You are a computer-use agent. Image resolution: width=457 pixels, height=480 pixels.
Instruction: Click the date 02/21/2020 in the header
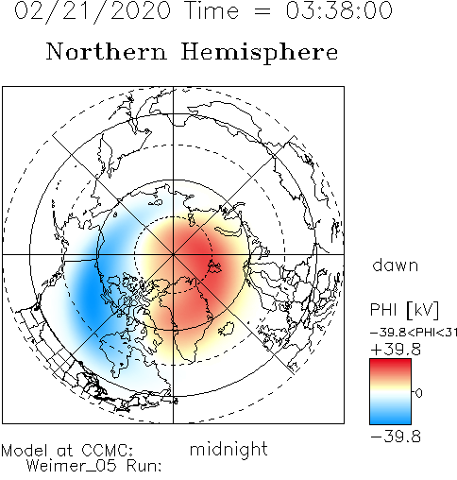(93, 11)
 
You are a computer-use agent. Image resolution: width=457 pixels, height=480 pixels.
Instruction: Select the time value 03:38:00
(339, 10)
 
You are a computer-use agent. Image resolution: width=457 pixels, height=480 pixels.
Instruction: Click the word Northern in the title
(107, 51)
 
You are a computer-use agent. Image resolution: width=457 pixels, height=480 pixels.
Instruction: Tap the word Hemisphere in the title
(260, 53)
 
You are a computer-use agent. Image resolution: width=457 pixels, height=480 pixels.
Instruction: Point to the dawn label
(396, 265)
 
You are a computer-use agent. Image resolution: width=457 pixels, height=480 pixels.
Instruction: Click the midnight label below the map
(228, 450)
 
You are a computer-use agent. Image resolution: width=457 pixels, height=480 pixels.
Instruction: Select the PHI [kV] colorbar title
(404, 310)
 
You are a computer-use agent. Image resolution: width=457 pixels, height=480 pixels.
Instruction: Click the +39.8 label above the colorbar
(396, 350)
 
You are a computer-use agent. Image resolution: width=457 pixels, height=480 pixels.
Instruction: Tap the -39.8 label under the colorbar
(396, 437)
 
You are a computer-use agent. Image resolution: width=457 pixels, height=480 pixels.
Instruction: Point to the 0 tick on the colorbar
(418, 393)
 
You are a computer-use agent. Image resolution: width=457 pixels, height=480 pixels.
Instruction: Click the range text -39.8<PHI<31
(414, 333)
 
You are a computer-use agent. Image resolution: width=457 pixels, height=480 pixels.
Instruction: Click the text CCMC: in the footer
(108, 451)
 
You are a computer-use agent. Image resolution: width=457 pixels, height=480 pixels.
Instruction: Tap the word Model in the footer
(25, 451)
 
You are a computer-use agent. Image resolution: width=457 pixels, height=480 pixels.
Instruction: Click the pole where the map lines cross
(173, 254)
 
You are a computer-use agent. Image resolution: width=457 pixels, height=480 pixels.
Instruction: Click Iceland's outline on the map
(226, 329)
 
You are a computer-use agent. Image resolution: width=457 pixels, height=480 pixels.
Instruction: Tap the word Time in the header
(212, 10)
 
